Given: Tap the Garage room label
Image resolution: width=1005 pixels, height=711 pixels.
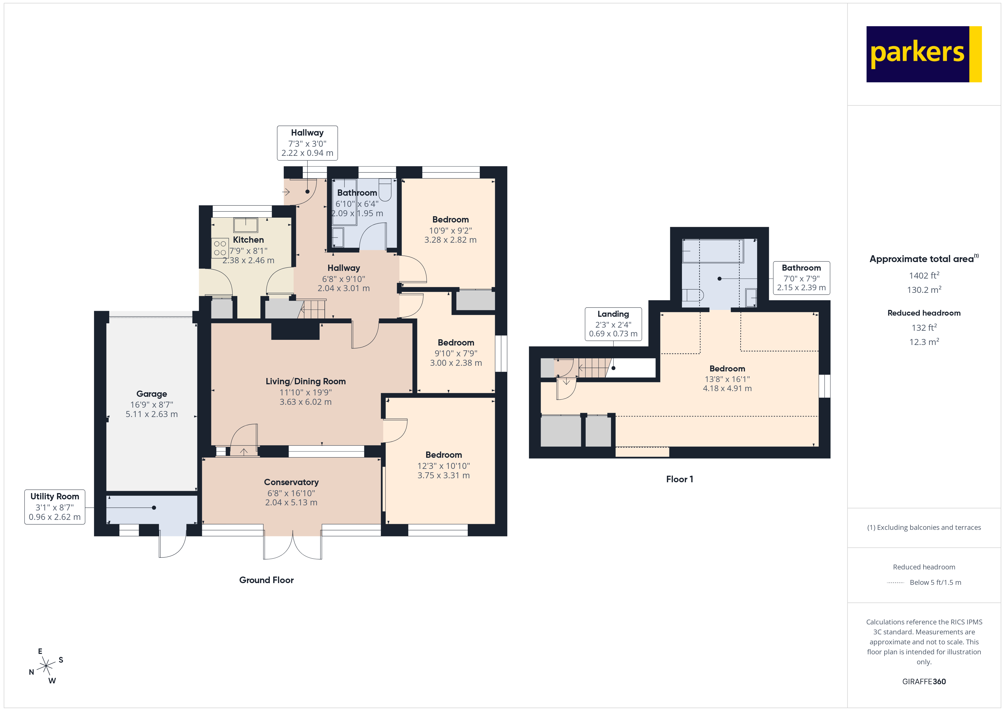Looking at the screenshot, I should click(x=152, y=403).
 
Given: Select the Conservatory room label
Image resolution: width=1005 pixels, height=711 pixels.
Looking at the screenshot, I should click(x=291, y=492).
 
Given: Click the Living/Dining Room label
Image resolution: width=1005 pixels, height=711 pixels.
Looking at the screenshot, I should click(x=306, y=391).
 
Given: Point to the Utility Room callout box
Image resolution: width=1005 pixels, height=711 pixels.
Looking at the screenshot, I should click(x=55, y=506).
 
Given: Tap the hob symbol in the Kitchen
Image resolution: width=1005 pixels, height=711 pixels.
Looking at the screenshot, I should click(x=220, y=248).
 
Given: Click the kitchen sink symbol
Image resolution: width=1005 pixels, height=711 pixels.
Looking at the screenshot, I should click(x=246, y=225).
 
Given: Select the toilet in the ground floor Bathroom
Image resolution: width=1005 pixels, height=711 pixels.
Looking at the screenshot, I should click(x=385, y=189).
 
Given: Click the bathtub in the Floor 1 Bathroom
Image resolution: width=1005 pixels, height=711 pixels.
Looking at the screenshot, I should click(x=713, y=251).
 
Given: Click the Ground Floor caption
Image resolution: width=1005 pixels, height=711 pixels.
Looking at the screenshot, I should click(x=266, y=580).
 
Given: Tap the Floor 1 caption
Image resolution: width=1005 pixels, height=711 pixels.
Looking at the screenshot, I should click(x=679, y=479).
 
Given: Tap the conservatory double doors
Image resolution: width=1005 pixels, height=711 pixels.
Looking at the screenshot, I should click(x=292, y=545).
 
